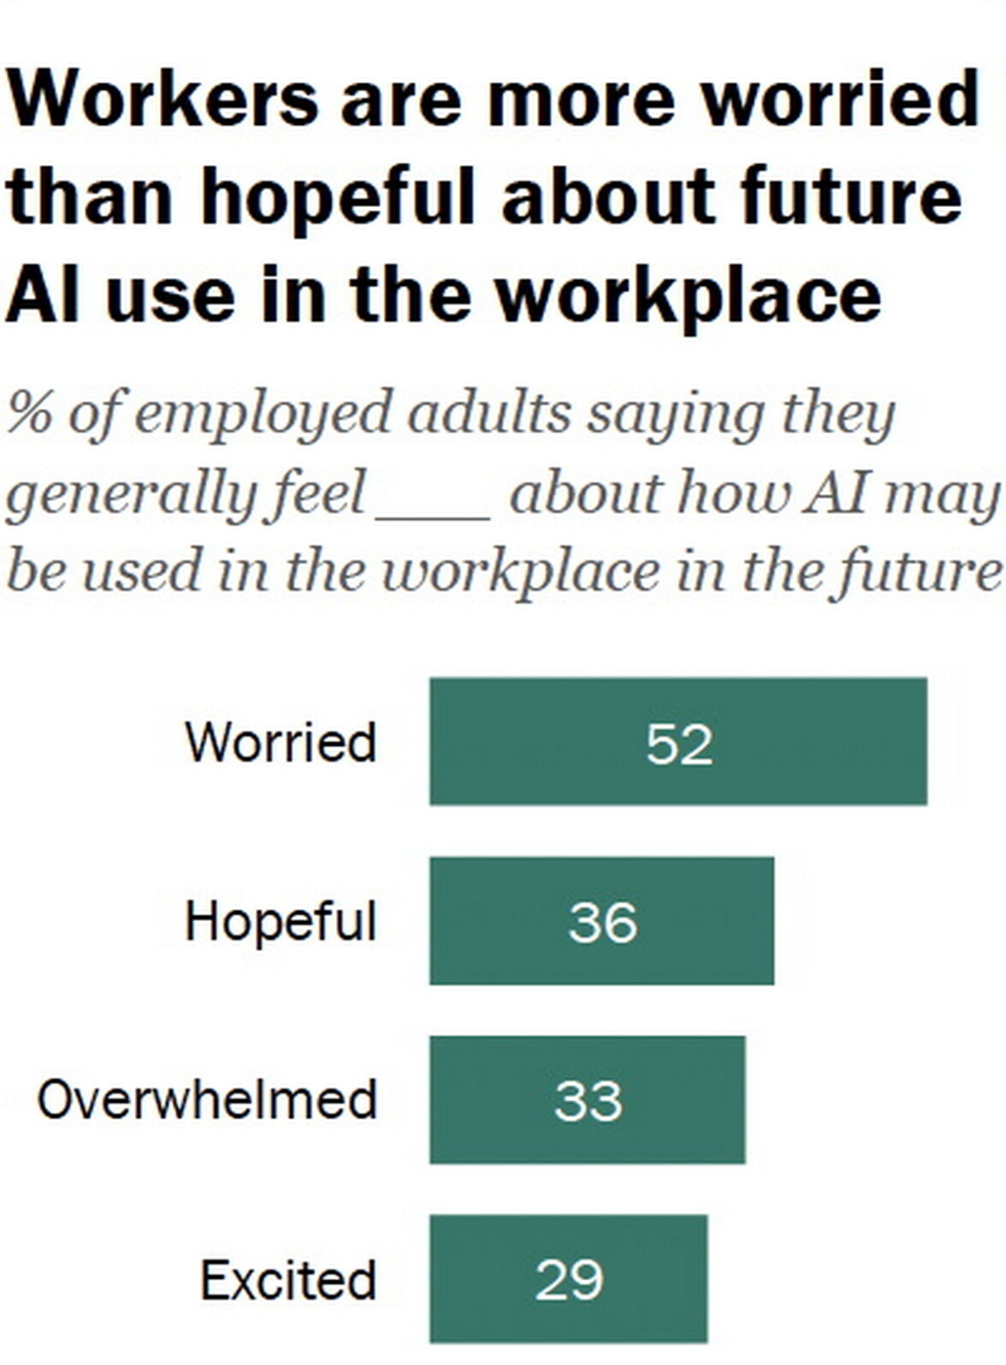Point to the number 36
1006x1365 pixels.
tap(602, 922)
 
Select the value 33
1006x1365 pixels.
tap(588, 1101)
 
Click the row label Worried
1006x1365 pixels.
tap(281, 742)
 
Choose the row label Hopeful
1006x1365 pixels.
tap(281, 922)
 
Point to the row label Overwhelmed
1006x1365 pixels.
tap(207, 1100)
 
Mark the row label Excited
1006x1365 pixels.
tap(288, 1280)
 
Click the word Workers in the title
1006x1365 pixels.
tap(163, 98)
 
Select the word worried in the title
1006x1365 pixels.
tap(839, 98)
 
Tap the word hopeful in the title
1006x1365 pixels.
tap(336, 197)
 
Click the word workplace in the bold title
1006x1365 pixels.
tap(689, 295)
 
